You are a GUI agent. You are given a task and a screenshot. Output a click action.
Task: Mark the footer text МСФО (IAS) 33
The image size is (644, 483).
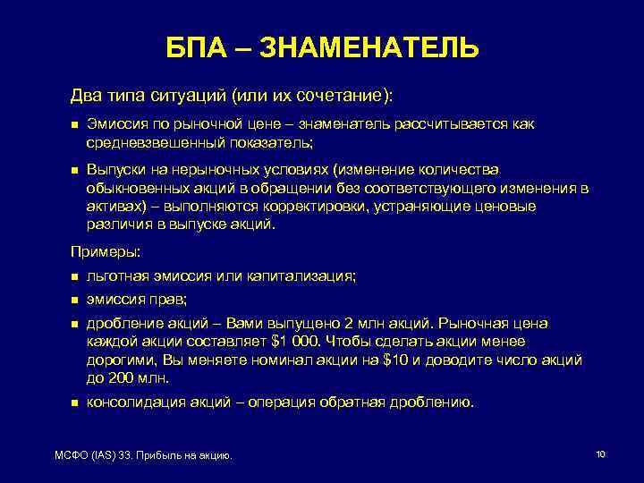tap(90, 456)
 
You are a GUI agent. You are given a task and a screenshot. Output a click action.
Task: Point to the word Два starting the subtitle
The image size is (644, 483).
tap(88, 95)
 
